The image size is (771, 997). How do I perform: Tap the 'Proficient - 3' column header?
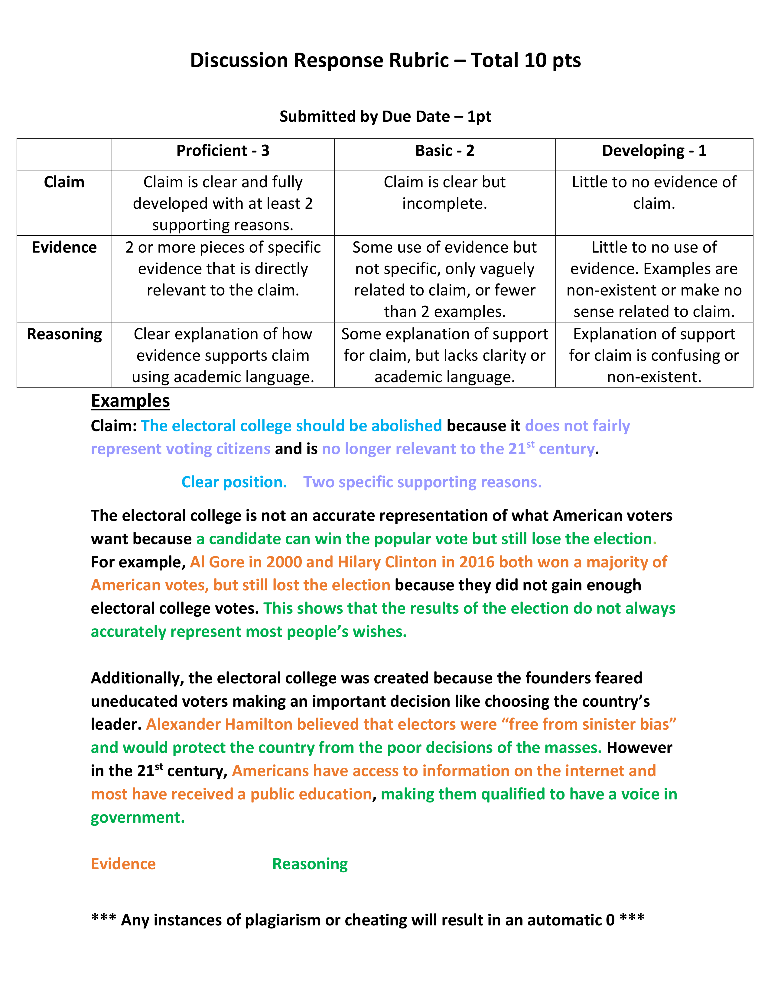[223, 151]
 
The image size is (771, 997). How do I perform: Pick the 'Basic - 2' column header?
[444, 151]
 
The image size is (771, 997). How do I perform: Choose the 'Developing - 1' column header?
[654, 151]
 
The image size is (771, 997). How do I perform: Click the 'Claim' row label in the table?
[64, 182]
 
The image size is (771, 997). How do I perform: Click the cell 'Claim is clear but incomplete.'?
[444, 193]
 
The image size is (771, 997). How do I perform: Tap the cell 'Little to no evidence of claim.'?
[654, 193]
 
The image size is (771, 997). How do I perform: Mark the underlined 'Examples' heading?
[130, 401]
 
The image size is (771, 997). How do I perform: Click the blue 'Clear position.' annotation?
[234, 482]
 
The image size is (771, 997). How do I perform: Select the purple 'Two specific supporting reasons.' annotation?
[422, 482]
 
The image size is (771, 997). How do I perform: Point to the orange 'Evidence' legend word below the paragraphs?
[123, 864]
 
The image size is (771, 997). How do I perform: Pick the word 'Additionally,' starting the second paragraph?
[137, 678]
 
